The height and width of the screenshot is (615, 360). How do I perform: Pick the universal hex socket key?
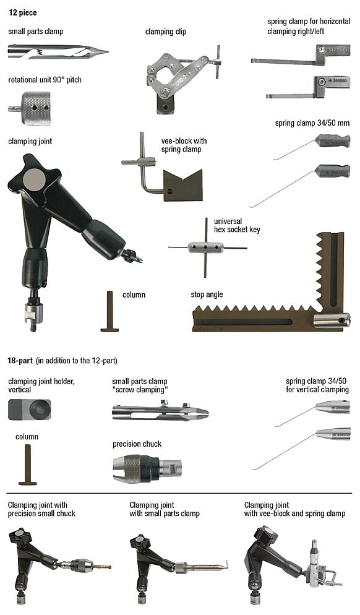coord(207,248)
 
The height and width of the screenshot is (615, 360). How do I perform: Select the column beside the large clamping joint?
coord(109,312)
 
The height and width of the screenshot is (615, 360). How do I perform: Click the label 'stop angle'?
coord(207,295)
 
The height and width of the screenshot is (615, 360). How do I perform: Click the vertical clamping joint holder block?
coord(30,409)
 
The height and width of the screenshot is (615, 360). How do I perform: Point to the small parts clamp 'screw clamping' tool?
coord(160,412)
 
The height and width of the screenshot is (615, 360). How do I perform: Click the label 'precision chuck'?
coord(137,444)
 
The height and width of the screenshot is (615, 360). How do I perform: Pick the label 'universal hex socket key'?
coord(237,225)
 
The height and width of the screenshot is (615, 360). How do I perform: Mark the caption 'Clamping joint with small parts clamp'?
coord(164,509)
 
